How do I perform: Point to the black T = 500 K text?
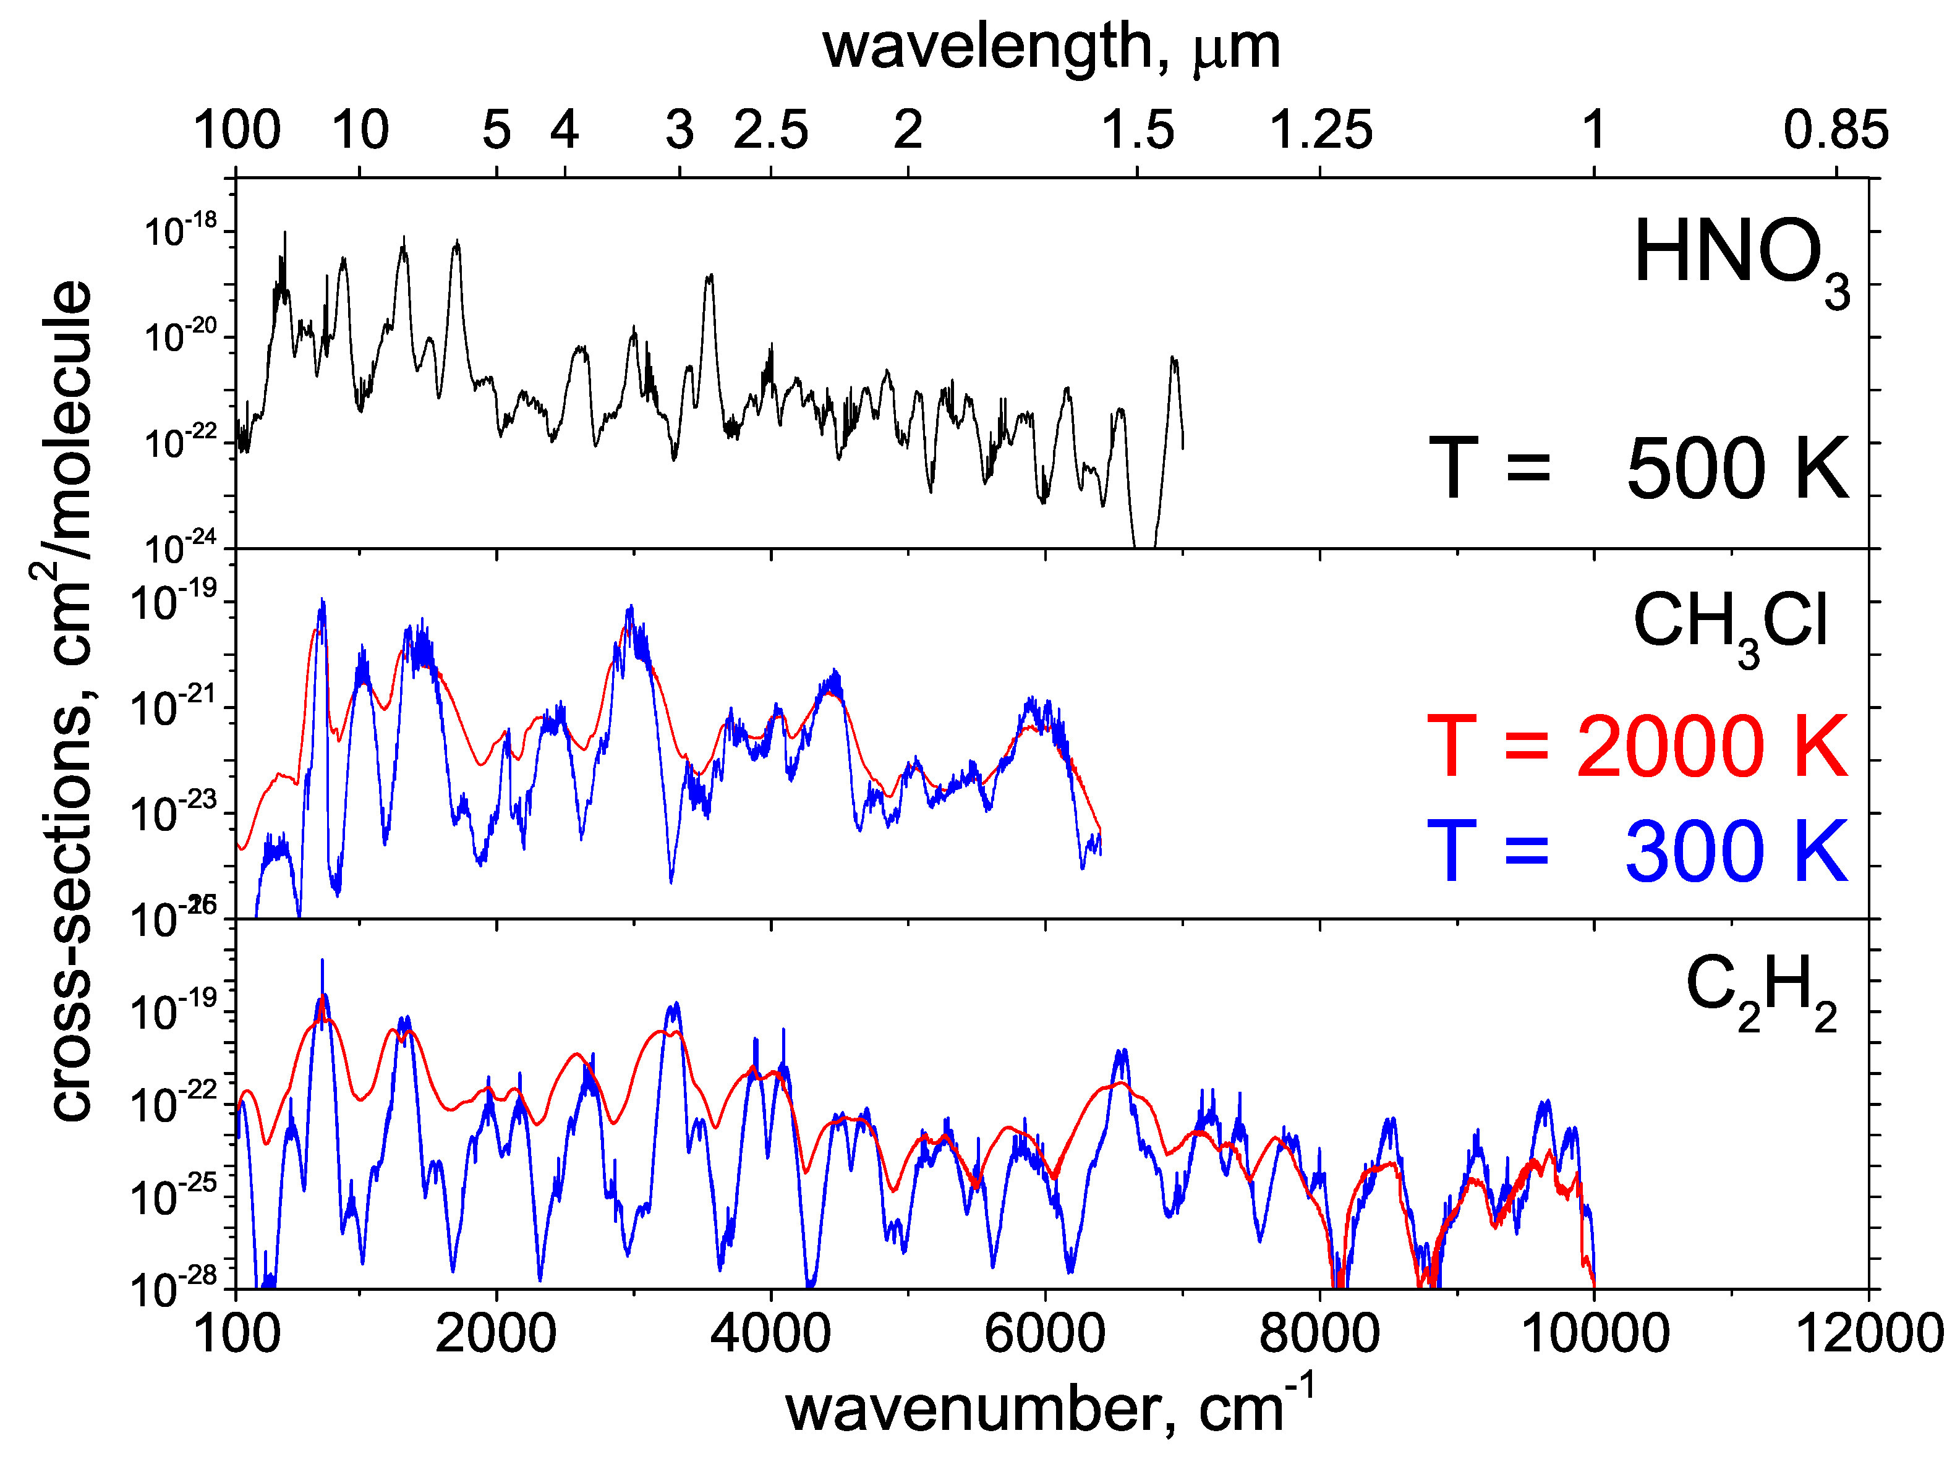point(1639,469)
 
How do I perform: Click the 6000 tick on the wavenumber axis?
point(1045,1333)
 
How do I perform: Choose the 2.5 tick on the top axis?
point(771,130)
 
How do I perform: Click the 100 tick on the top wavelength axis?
point(237,130)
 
